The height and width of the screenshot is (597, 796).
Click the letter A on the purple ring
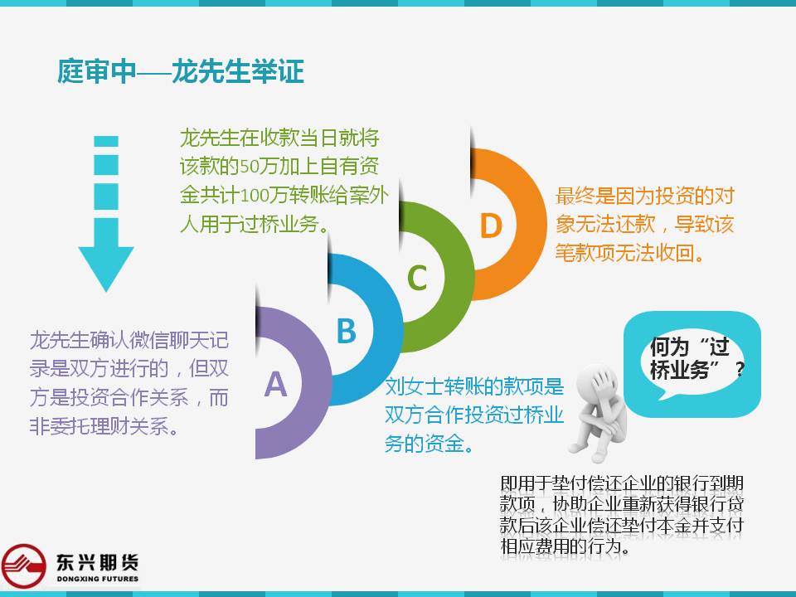coord(275,384)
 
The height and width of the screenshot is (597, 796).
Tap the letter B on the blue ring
coord(347,331)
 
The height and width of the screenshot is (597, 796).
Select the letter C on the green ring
coord(417,278)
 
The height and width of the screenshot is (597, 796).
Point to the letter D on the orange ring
coord(491,225)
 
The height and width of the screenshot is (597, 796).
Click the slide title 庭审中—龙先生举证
coord(180,71)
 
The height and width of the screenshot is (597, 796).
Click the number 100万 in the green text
coord(264,196)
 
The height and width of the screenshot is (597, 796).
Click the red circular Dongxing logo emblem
coord(24,566)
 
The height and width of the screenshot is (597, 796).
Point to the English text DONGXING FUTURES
coord(98,579)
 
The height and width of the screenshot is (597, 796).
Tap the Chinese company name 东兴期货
coord(98,562)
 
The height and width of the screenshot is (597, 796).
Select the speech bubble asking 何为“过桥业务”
coord(692,364)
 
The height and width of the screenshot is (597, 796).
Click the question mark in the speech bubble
coord(740,369)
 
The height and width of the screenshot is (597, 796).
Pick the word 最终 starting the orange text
coord(575,196)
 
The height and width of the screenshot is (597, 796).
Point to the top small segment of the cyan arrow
coord(106,141)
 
